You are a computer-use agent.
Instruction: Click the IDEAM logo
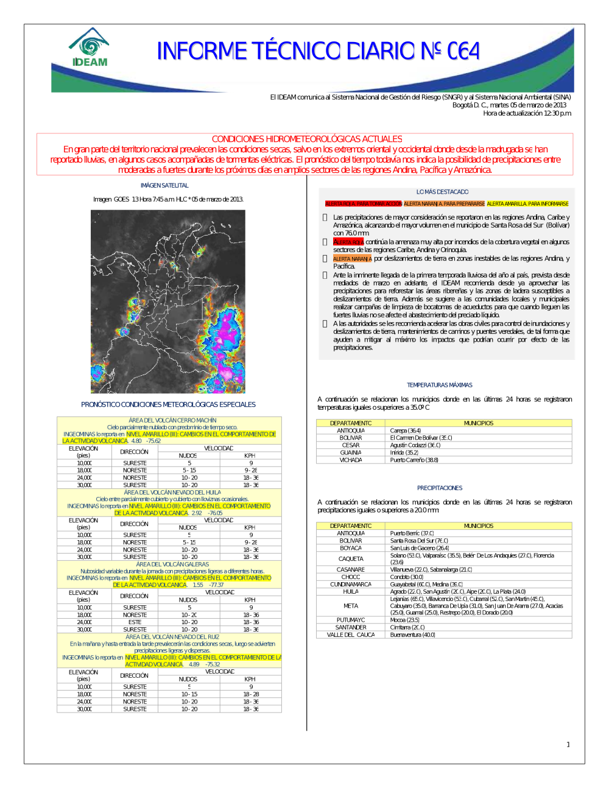click(x=90, y=47)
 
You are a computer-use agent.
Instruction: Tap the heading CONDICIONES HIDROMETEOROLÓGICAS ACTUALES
click(x=306, y=139)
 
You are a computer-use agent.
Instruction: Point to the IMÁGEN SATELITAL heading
click(x=164, y=185)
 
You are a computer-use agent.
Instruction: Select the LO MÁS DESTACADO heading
click(x=442, y=192)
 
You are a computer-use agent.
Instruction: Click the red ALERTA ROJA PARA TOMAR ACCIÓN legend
click(x=363, y=204)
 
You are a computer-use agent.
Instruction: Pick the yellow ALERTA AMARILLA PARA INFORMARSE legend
click(x=527, y=204)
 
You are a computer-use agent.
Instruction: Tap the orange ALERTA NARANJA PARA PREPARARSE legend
click(x=444, y=204)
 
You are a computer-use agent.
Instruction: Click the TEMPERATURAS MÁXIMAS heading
click(x=439, y=385)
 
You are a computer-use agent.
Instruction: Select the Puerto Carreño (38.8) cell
click(x=414, y=460)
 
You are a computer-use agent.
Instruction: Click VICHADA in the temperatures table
click(x=351, y=460)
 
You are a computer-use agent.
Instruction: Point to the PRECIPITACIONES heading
click(x=439, y=488)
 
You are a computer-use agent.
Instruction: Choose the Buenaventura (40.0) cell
click(x=412, y=635)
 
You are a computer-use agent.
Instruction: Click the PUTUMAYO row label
click(x=351, y=620)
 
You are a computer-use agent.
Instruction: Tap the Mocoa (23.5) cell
click(x=404, y=620)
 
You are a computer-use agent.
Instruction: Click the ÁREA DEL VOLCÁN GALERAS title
click(x=172, y=565)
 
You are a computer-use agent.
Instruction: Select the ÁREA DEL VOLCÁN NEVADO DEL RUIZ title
click(x=172, y=637)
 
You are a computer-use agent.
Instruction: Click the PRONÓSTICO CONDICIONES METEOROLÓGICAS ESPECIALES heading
click(x=168, y=404)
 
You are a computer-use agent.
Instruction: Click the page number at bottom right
click(x=568, y=744)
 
